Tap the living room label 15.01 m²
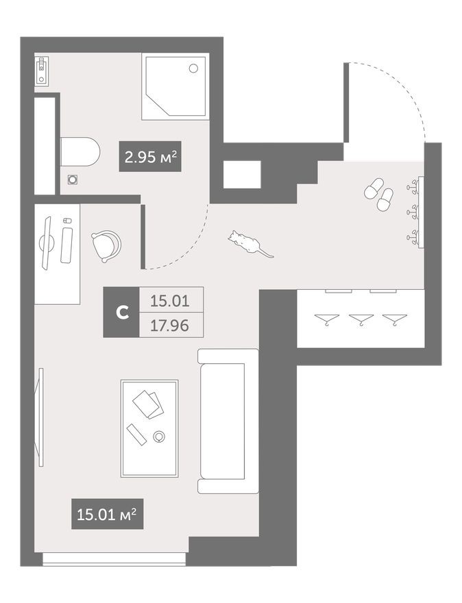click(x=107, y=514)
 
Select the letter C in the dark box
click(x=121, y=312)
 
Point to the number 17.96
click(x=170, y=325)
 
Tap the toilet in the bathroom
click(x=80, y=151)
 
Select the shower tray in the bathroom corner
click(x=174, y=87)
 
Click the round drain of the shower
click(x=193, y=68)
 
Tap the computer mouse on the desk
click(x=66, y=221)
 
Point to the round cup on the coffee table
click(x=160, y=436)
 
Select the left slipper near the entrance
click(x=374, y=188)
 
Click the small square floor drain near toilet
click(x=73, y=179)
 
